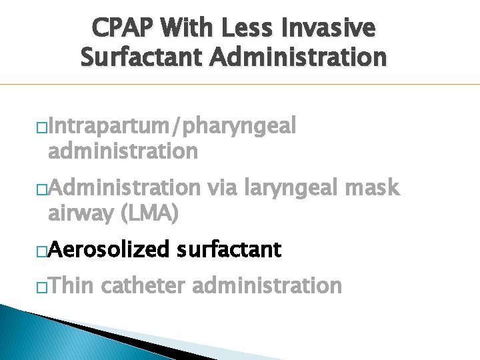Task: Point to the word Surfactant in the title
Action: coord(139,57)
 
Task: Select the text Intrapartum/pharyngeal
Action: coord(172,126)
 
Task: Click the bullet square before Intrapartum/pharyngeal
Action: coord(42,127)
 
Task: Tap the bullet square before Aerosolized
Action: coord(42,251)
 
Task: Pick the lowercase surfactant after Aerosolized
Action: coord(229,250)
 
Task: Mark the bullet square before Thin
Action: coord(42,287)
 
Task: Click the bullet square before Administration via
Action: coord(42,190)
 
